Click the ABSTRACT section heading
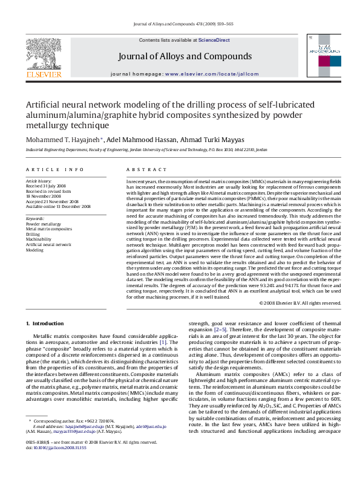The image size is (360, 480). coord(144,170)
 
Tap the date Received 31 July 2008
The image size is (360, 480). coord(49,186)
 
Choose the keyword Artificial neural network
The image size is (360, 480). coord(48,245)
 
